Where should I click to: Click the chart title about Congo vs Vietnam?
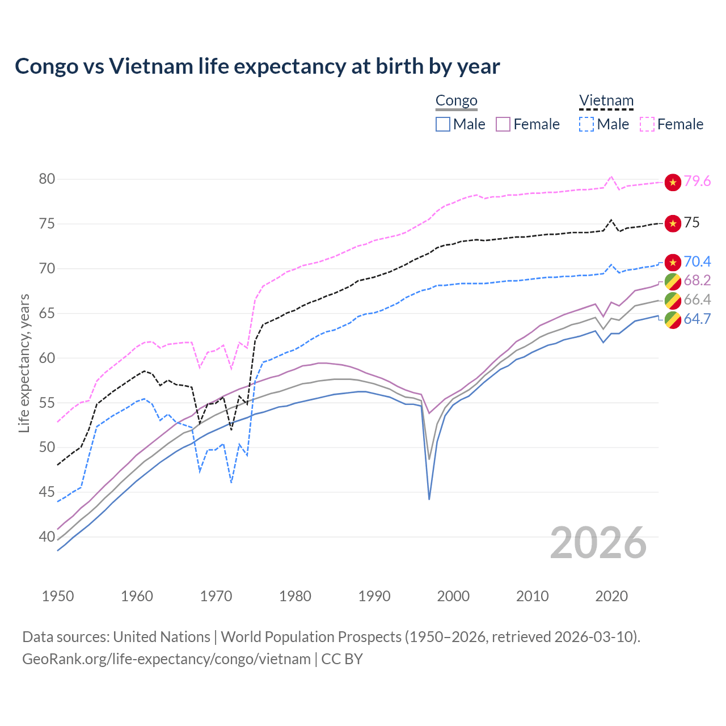(x=257, y=66)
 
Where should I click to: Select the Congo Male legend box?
(x=443, y=124)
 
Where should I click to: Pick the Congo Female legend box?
(x=504, y=124)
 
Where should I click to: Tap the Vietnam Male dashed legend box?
(x=586, y=124)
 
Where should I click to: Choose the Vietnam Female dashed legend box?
(x=647, y=124)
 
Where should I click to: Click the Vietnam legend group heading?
(x=606, y=101)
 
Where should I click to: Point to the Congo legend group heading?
(x=456, y=101)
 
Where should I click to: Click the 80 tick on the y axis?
(x=47, y=179)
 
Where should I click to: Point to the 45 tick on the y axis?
(x=47, y=492)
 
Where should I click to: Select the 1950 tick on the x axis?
(x=58, y=596)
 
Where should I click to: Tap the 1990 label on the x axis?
(x=374, y=596)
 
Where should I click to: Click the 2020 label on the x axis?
(x=611, y=596)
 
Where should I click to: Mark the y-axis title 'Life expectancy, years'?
(x=24, y=363)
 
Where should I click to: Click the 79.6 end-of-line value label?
(x=697, y=181)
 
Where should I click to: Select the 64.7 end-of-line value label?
(x=697, y=319)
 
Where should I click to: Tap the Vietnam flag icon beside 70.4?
(x=673, y=262)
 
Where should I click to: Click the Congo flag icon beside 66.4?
(x=673, y=300)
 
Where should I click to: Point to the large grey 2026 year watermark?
(x=598, y=543)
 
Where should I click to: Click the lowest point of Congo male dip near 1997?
(x=429, y=499)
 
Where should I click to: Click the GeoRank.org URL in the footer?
(x=166, y=659)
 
